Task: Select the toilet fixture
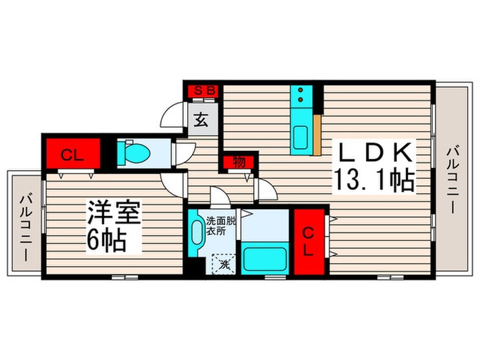pyautogui.click(x=132, y=152)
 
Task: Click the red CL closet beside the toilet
pyautogui.click(x=71, y=155)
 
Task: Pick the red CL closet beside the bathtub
pyautogui.click(x=309, y=241)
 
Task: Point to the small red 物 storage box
pyautogui.click(x=239, y=163)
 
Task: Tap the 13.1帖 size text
pyautogui.click(x=373, y=180)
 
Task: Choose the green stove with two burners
pyautogui.click(x=301, y=98)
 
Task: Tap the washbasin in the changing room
pyautogui.click(x=197, y=235)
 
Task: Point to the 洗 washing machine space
pyautogui.click(x=224, y=263)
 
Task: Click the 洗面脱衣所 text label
pyautogui.click(x=220, y=226)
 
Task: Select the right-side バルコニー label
pyautogui.click(x=453, y=179)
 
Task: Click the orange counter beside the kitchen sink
pyautogui.click(x=317, y=135)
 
